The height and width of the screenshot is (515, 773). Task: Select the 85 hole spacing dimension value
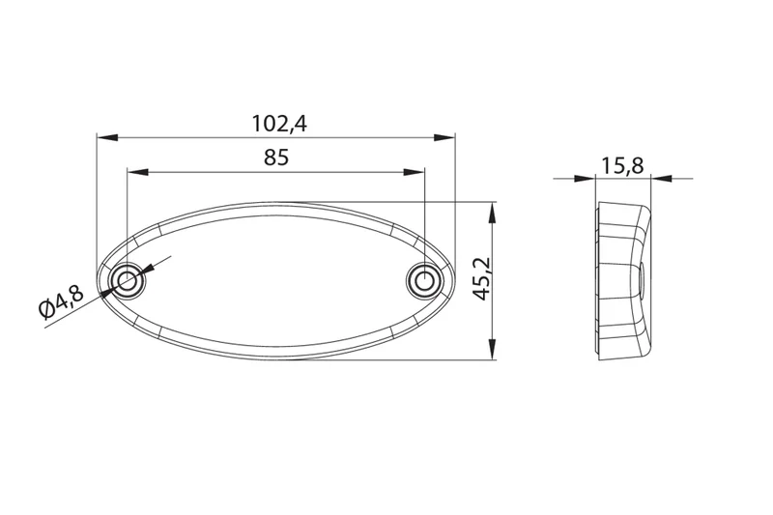pos(275,158)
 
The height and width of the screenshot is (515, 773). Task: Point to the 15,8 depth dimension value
pos(622,165)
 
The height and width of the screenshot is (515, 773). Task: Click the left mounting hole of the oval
pos(127,281)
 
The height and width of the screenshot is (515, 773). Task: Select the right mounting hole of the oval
pos(423,281)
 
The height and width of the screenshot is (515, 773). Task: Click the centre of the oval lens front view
pos(275,281)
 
